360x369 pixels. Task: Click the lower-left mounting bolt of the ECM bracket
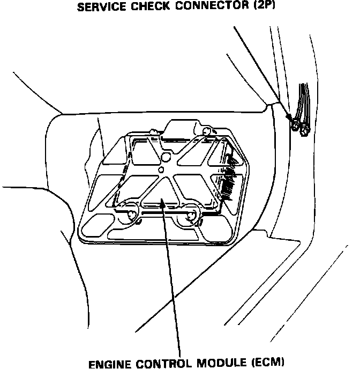(x=131, y=215)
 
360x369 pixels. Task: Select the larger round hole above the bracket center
(x=166, y=157)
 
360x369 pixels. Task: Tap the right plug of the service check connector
(x=304, y=129)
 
